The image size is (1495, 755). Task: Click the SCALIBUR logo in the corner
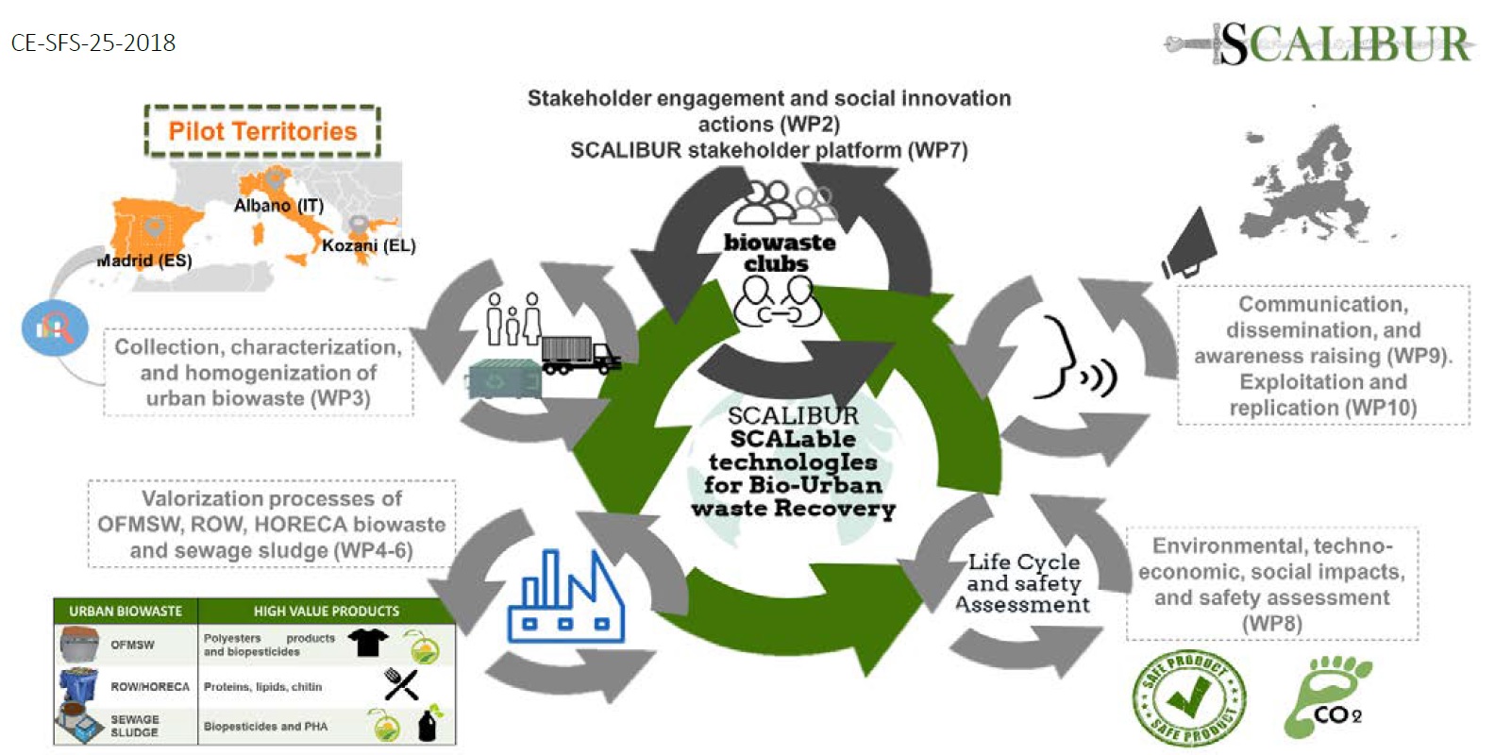click(x=1321, y=42)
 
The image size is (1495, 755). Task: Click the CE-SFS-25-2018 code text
click(x=93, y=42)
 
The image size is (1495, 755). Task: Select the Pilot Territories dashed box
click(x=262, y=131)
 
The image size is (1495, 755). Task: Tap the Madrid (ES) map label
click(x=144, y=260)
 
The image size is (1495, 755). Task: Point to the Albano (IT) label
click(x=278, y=206)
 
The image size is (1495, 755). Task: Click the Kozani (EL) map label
click(x=368, y=245)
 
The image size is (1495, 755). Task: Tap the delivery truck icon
click(x=580, y=354)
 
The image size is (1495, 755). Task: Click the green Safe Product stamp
click(x=1188, y=698)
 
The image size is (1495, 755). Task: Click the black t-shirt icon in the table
click(x=367, y=643)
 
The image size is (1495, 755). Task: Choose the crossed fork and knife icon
click(x=401, y=684)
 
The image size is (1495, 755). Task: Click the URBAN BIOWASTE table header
click(x=126, y=611)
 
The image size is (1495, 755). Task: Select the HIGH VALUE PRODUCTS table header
click(x=326, y=611)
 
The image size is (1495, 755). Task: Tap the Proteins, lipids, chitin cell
click(x=262, y=686)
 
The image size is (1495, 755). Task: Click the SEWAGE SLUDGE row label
click(x=135, y=726)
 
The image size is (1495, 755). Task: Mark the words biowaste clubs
click(x=779, y=253)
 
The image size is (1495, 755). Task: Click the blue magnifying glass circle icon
click(x=55, y=327)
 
